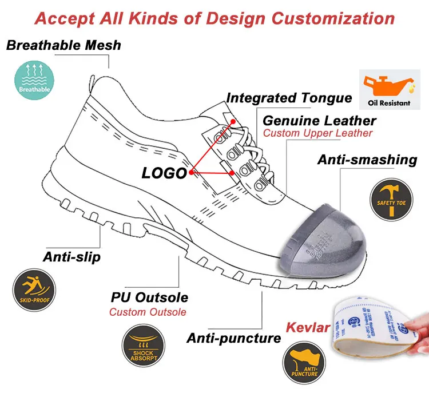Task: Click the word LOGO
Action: pyautogui.click(x=164, y=173)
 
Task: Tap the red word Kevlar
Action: pyautogui.click(x=308, y=328)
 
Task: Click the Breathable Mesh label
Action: pyautogui.click(x=63, y=45)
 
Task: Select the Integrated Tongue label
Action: pyautogui.click(x=289, y=98)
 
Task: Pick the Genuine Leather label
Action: pyautogui.click(x=319, y=121)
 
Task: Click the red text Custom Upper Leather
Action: pyautogui.click(x=317, y=133)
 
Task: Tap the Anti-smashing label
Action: pyautogui.click(x=367, y=160)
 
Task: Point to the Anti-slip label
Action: pyautogui.click(x=71, y=257)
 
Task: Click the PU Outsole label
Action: pyautogui.click(x=149, y=298)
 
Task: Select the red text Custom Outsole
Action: pyautogui.click(x=148, y=312)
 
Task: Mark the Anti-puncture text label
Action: pyautogui.click(x=233, y=338)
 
